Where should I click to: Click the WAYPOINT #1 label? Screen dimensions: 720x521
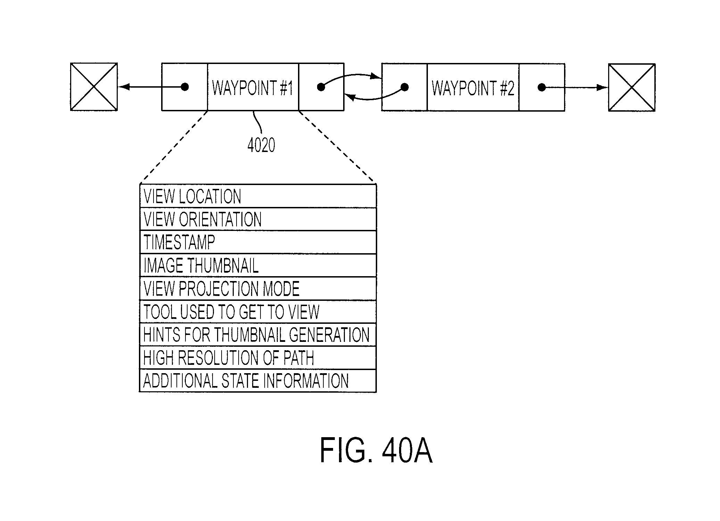tap(253, 88)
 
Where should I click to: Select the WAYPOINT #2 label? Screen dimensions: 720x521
tap(473, 88)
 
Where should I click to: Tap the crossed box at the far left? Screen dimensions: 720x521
tap(94, 87)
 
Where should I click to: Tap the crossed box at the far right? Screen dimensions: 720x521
tap(632, 87)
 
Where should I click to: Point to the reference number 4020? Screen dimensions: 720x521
tap(261, 145)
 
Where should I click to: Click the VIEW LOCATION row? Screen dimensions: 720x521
tap(258, 196)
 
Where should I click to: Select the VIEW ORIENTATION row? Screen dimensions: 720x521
tap(258, 219)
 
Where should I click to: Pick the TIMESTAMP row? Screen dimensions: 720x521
tap(258, 242)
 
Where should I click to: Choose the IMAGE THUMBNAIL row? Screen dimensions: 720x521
tap(258, 265)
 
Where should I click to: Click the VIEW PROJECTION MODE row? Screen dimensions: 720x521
tap(258, 289)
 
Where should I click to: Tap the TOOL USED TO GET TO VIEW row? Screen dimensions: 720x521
tap(258, 312)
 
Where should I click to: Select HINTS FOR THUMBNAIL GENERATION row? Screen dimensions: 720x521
tap(258, 335)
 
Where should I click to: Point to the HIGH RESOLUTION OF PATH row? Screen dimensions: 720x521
tap(258, 358)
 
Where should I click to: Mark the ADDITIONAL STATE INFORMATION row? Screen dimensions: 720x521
tap(258, 381)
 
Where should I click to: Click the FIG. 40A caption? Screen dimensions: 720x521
tap(376, 450)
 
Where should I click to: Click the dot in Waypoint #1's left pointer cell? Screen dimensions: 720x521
tap(185, 87)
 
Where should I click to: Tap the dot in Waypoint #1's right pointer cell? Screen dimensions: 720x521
tap(321, 87)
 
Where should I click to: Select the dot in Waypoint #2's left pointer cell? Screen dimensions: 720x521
tap(405, 87)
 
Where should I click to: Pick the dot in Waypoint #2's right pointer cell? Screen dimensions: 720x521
tap(541, 87)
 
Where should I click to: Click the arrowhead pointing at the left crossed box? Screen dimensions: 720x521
tap(124, 87)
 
